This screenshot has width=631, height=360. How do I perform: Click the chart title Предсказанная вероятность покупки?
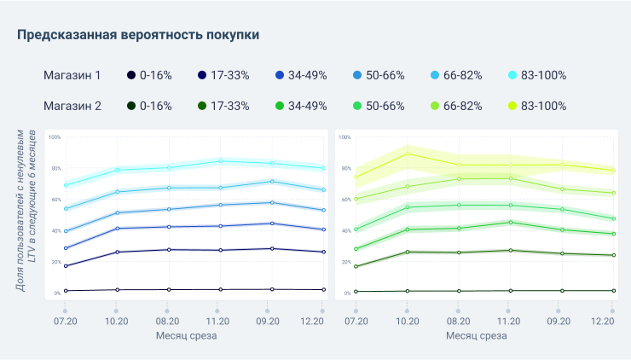click(138, 35)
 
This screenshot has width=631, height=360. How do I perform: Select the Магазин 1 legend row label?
click(72, 75)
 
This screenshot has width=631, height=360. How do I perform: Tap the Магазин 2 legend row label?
click(72, 106)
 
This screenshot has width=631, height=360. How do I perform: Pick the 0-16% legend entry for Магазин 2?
click(148, 106)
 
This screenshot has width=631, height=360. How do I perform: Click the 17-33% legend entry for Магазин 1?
click(223, 75)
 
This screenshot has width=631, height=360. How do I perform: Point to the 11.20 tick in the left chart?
click(220, 321)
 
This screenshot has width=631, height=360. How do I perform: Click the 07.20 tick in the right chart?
click(356, 321)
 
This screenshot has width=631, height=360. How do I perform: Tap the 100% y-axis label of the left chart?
click(55, 137)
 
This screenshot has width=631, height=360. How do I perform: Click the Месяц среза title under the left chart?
click(186, 336)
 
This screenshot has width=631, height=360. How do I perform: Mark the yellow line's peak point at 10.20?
click(408, 154)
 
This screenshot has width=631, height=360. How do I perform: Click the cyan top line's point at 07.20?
click(66, 185)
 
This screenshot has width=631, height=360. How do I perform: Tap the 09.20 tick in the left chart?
click(271, 321)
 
